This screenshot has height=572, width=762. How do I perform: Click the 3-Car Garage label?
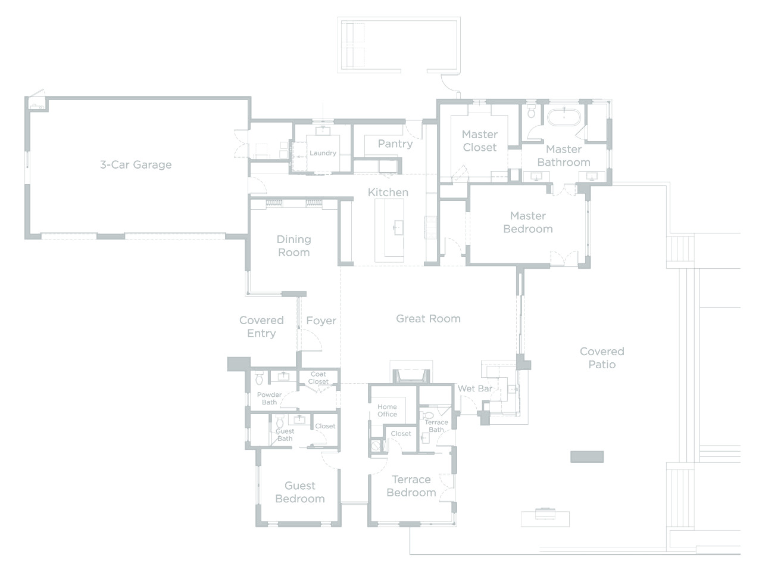136,164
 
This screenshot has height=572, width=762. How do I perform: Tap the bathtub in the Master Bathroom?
564,117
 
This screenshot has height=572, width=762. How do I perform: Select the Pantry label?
395,144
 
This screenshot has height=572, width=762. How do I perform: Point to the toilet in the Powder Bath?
259,378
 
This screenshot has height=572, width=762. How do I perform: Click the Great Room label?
428,318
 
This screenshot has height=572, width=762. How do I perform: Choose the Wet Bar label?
475,388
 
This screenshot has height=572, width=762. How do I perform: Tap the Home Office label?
387,410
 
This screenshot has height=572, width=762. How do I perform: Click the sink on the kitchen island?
398,228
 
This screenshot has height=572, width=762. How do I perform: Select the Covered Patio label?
602,357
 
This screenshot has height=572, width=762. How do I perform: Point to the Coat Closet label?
318,378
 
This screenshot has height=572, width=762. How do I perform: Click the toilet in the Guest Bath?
280,422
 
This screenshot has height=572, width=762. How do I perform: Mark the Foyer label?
321,321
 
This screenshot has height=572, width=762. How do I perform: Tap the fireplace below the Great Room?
411,376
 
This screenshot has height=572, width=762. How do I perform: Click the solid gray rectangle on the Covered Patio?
587,456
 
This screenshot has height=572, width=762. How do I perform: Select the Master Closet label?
479,141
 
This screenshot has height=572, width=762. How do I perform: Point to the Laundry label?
323,153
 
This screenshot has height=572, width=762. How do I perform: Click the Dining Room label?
293,246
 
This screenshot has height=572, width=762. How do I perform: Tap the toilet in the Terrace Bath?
428,415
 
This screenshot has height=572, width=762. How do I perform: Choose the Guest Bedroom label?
300,492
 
